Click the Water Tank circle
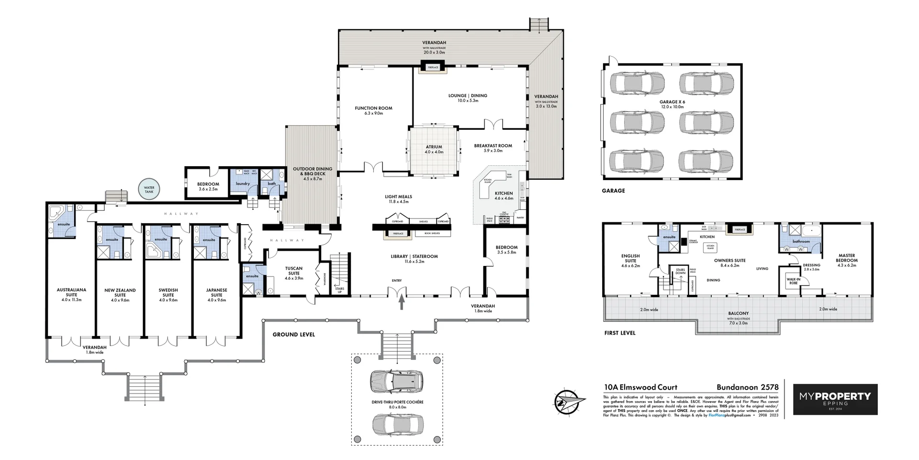click(x=149, y=190)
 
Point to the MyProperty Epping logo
click(x=835, y=399)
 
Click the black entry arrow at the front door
click(x=402, y=303)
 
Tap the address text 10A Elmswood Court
click(x=640, y=387)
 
